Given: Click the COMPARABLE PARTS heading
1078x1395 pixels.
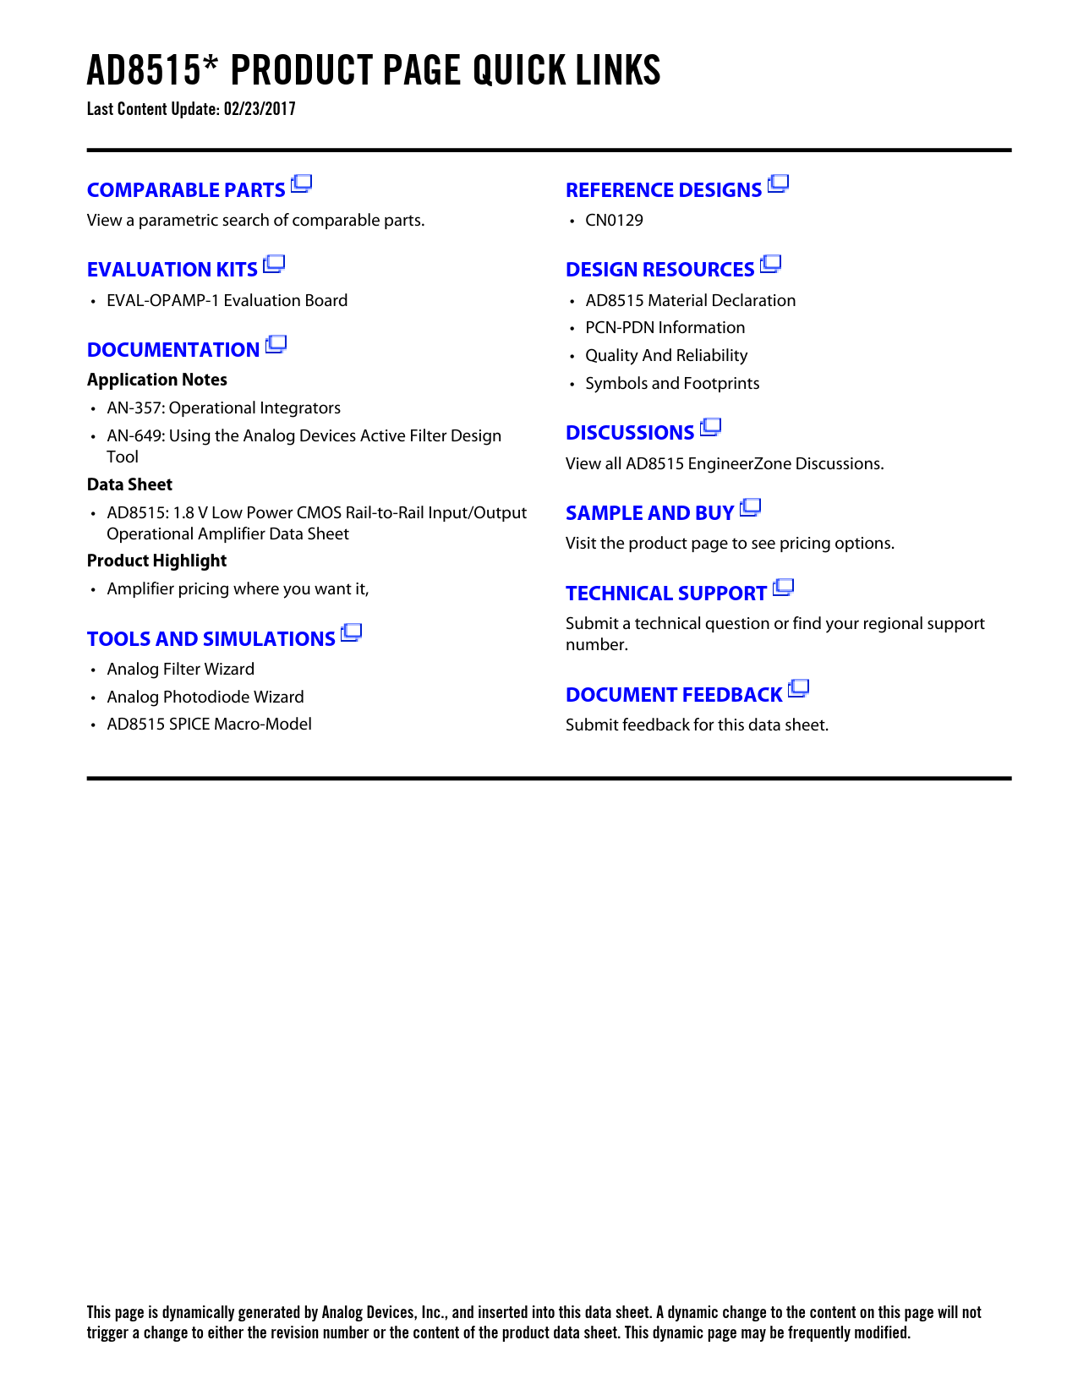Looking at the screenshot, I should click(x=186, y=190).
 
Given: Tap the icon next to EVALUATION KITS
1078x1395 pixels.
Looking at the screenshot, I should click(x=274, y=265).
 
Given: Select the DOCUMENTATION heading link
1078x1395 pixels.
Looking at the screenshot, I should click(x=173, y=350).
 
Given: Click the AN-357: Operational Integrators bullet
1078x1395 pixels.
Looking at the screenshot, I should click(x=223, y=408).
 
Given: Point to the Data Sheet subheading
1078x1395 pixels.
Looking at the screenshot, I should click(x=129, y=484).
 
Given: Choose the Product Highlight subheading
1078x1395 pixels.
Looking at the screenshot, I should click(x=156, y=561).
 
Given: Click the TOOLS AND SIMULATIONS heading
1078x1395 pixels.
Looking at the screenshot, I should click(x=211, y=639).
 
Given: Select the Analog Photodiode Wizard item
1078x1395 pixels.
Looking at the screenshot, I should click(x=205, y=697).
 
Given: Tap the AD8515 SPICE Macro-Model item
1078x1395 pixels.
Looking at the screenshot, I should click(x=209, y=725).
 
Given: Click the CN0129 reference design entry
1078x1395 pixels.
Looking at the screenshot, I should click(x=614, y=221).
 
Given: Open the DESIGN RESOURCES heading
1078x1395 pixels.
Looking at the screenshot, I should click(x=659, y=270).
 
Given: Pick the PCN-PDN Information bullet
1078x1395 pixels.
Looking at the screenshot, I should click(x=665, y=328).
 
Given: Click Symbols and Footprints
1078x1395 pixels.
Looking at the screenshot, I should click(x=672, y=384).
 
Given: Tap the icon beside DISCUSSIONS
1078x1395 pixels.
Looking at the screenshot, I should click(x=711, y=427).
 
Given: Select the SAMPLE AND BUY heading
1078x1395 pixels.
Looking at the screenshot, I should click(x=649, y=513).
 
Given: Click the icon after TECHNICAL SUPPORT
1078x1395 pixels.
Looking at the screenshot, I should click(x=784, y=588).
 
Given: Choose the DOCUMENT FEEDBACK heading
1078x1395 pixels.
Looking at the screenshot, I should click(x=674, y=695).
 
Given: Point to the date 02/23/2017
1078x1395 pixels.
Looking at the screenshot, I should click(x=260, y=109).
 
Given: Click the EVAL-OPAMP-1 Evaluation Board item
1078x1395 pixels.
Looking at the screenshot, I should click(x=227, y=301).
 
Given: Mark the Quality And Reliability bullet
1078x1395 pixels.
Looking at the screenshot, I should click(x=666, y=356).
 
